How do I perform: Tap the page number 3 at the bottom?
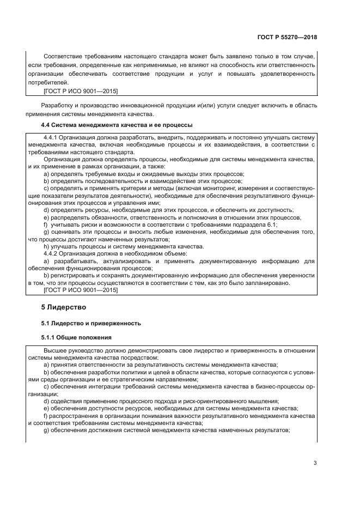coord(315,463)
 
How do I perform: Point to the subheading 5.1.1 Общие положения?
coord(77,337)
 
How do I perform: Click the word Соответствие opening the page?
coord(63,57)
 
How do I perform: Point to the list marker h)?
coord(46,246)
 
